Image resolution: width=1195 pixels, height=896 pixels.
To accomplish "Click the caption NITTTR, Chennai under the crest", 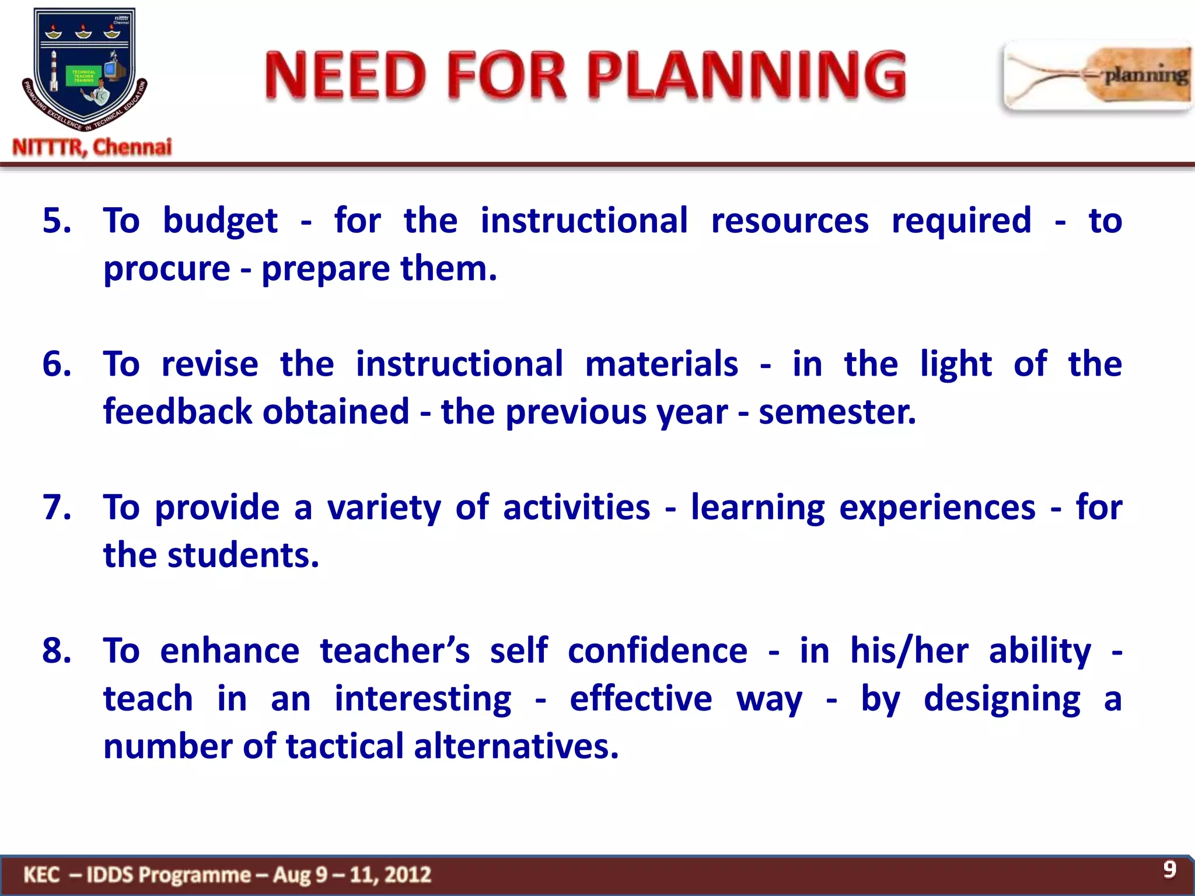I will click(x=92, y=147).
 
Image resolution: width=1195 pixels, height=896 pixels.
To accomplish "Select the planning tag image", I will click(x=1097, y=76).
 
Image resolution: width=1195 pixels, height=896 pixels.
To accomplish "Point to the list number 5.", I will click(x=57, y=221).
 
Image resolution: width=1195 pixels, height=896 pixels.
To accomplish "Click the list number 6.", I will click(x=57, y=364).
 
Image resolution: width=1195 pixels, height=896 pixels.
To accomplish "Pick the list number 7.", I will click(x=57, y=507).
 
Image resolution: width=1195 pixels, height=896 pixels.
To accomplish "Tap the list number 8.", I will click(x=57, y=650).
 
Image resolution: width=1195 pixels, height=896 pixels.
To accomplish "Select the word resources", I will click(x=789, y=221).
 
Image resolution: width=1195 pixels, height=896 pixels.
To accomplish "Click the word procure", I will click(x=167, y=269).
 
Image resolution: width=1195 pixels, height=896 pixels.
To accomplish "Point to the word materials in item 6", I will click(x=661, y=364).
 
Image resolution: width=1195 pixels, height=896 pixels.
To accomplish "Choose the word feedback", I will click(x=256, y=412).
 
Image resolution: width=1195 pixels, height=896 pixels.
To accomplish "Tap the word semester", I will click(x=837, y=412).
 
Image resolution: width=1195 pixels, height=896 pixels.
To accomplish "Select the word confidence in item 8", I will click(x=657, y=650).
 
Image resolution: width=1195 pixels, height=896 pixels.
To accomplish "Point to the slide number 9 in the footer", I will click(x=1169, y=869).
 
